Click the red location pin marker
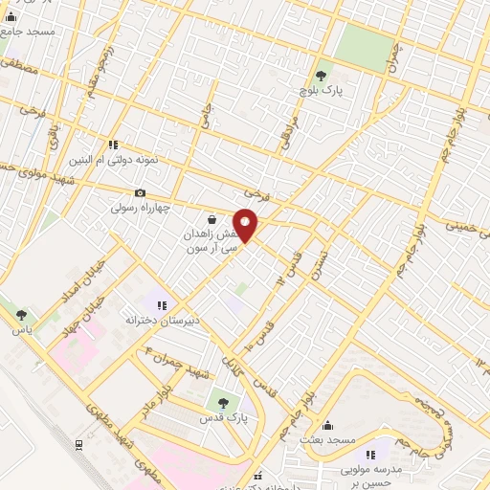click(x=245, y=224)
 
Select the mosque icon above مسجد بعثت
click(x=328, y=425)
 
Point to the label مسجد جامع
click(x=28, y=32)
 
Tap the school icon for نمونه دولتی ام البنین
click(x=113, y=145)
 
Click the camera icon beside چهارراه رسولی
click(x=141, y=192)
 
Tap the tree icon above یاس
click(x=21, y=313)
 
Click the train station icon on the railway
click(x=78, y=444)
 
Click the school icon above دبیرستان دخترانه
click(x=161, y=304)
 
